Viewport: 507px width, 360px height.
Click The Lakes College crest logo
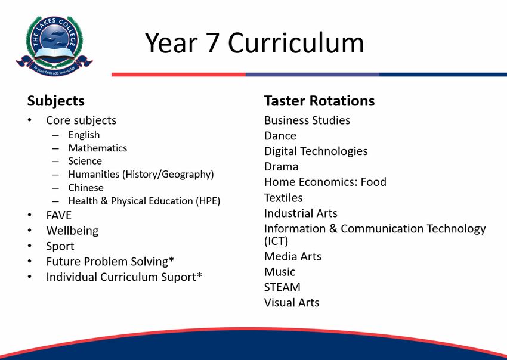coord(54,46)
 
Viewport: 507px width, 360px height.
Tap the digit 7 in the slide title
coord(212,43)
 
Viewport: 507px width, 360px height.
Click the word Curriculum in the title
coord(296,43)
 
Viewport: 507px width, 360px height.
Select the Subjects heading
coord(55,101)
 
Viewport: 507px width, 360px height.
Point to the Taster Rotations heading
coord(319,101)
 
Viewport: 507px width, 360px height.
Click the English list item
coord(84,135)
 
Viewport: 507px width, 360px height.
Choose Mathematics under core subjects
coord(98,148)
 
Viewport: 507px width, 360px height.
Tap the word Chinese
coord(86,188)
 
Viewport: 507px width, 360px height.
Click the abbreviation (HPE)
coord(208,201)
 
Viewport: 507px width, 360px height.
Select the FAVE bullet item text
coord(59,216)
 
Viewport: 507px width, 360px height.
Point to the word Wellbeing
coord(72,231)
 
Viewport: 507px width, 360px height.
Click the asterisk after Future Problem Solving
coord(171,259)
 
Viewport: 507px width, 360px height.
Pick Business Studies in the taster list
coord(307,120)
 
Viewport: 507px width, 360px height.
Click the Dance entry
coord(280,136)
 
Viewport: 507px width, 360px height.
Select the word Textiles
coord(283,198)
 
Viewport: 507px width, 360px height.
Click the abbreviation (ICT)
coord(276,241)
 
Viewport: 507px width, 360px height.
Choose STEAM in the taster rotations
coord(282,287)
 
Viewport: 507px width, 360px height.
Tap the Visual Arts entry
coord(292,303)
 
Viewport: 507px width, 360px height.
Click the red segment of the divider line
coord(178,75)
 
